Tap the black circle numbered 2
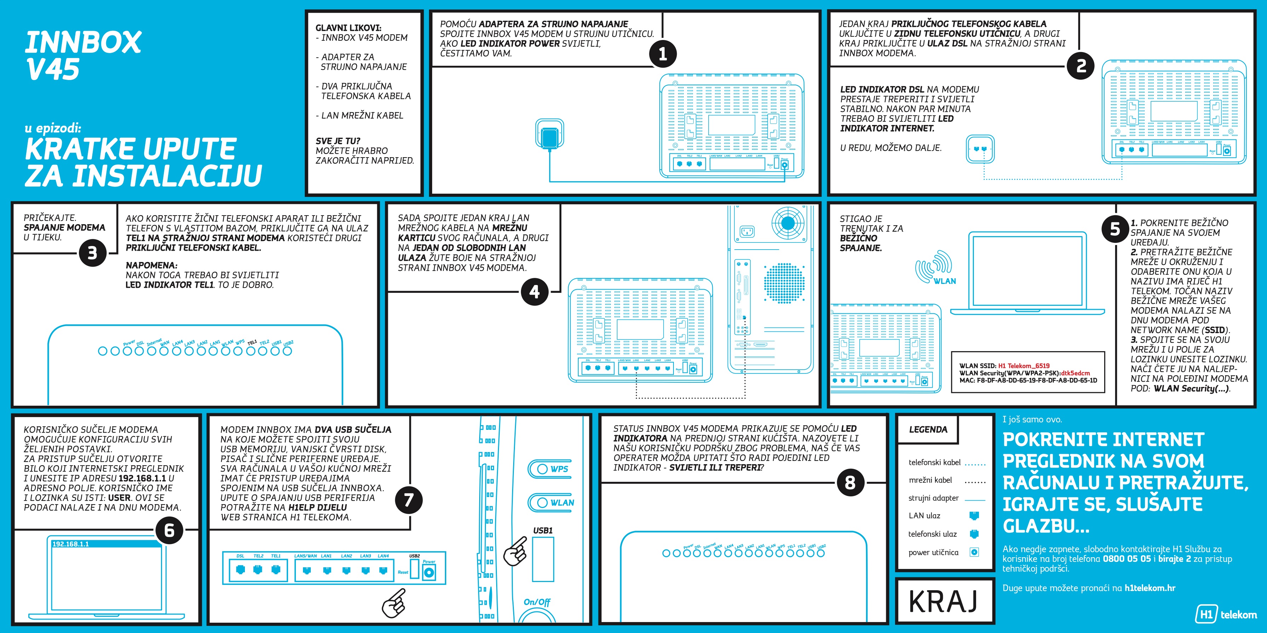1080,65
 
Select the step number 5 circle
1115,229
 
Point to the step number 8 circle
850,483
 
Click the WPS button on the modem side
550,469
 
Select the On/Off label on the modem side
537,602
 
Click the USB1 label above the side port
543,531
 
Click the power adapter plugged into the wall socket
549,135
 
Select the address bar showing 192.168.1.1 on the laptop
106,544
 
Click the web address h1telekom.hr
1150,588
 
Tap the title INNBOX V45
82,55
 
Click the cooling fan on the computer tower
788,224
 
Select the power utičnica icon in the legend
974,552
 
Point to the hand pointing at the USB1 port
515,551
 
